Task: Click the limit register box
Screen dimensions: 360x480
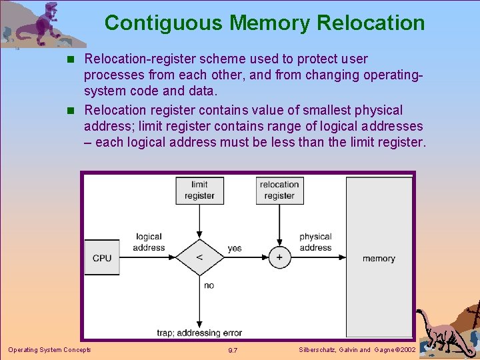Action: (199, 190)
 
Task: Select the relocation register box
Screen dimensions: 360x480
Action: (279, 190)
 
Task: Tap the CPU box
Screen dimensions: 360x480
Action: (102, 258)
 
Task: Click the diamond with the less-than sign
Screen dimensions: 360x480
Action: (199, 258)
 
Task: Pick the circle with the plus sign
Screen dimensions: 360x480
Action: (279, 258)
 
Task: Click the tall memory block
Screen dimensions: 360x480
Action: (379, 257)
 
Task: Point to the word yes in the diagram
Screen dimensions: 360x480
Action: (235, 249)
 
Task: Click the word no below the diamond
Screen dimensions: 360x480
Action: (209, 285)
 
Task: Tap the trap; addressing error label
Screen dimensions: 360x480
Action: (199, 333)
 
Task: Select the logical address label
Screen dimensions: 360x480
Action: (149, 242)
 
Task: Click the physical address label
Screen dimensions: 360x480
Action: (315, 242)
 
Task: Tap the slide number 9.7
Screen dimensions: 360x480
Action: (233, 350)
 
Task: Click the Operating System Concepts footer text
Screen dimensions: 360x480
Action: (49, 350)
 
